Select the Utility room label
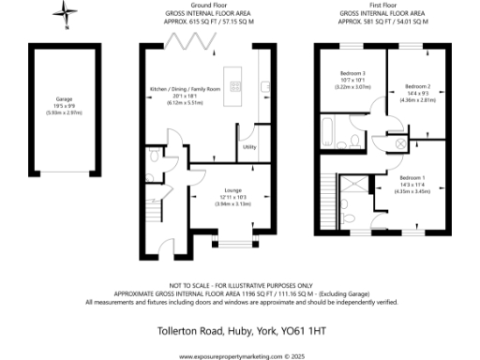pos(249,147)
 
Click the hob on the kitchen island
pos(233,89)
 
